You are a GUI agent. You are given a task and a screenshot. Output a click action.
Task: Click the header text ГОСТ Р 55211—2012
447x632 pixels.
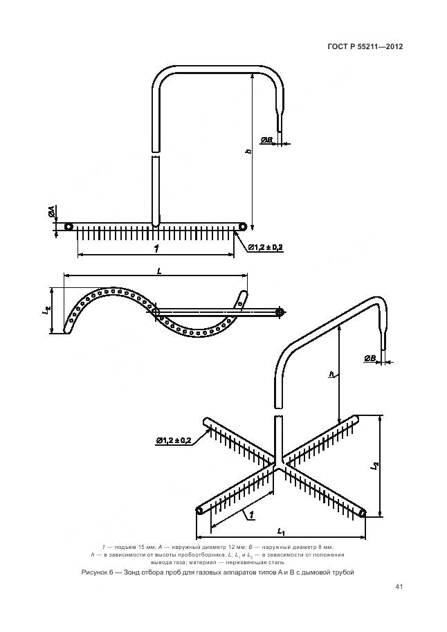(365, 47)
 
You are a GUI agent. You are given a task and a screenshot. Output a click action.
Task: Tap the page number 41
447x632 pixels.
(399, 587)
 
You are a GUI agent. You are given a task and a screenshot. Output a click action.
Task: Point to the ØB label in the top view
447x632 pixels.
(266, 141)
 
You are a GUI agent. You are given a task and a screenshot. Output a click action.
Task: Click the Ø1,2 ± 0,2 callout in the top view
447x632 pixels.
(264, 247)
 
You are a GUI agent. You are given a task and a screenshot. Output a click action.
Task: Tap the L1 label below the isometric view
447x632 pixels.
(281, 531)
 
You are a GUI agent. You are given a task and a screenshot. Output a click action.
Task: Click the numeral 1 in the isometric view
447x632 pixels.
(250, 514)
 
